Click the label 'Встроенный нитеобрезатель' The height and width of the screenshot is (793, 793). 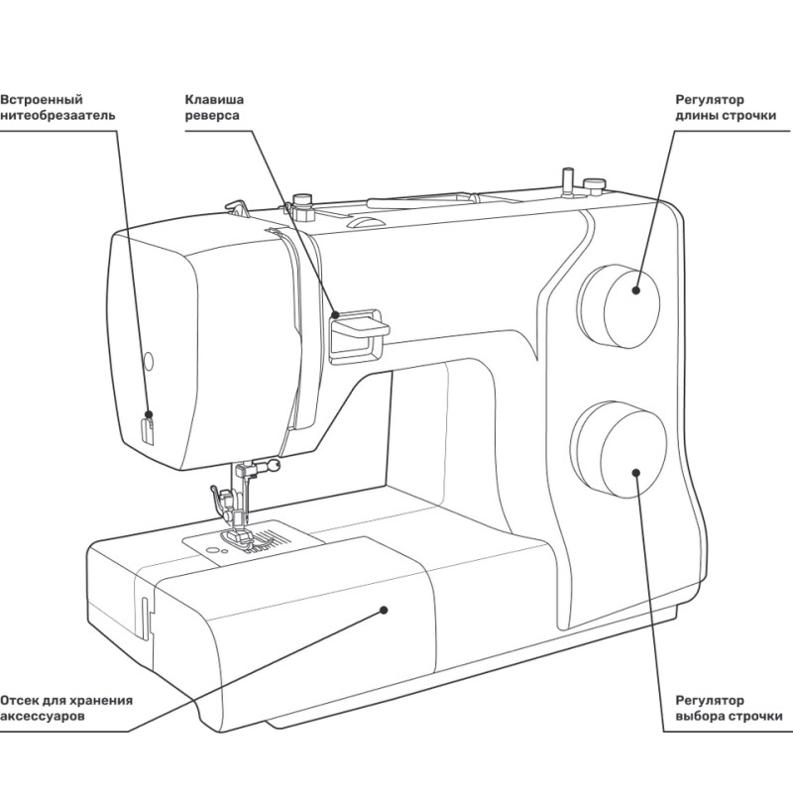pos(57,107)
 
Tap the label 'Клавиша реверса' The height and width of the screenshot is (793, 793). pos(214,107)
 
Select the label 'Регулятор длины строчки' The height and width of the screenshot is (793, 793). pos(725,107)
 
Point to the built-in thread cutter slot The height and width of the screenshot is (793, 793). pos(148,429)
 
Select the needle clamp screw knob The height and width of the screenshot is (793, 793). pos(271,464)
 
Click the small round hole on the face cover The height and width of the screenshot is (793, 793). pos(148,358)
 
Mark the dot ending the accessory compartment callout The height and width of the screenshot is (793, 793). pos(382,611)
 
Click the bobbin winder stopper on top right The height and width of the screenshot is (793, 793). pos(594,183)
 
